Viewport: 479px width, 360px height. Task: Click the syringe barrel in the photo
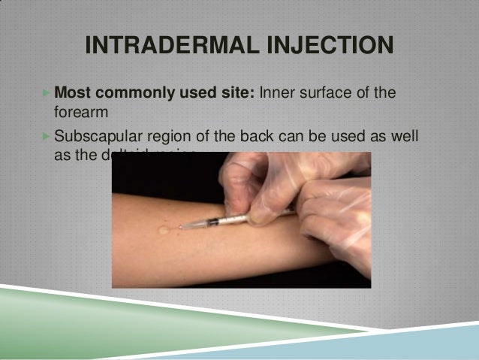tap(225, 221)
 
